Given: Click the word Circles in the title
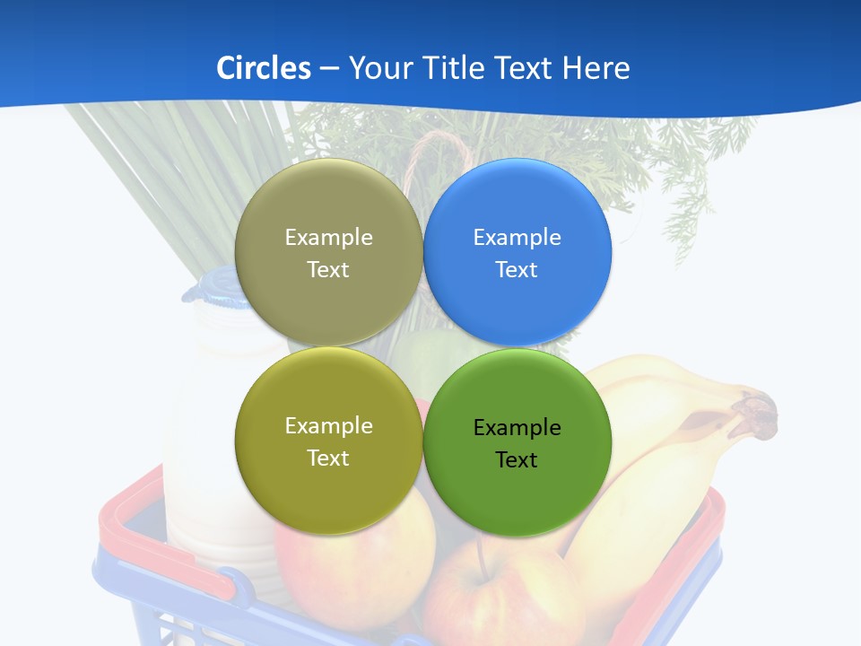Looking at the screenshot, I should pyautogui.click(x=264, y=68).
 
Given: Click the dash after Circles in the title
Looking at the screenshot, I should pyautogui.click(x=329, y=69).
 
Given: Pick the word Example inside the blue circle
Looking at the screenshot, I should pyautogui.click(x=517, y=238).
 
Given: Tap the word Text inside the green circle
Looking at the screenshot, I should pyautogui.click(x=517, y=460).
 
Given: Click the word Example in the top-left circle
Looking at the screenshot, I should pyautogui.click(x=328, y=238).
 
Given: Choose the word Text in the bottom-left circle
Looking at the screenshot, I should pyautogui.click(x=328, y=458).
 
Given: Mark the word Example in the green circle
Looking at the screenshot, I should pyautogui.click(x=517, y=428).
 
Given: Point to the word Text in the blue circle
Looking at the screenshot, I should pyautogui.click(x=517, y=270).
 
